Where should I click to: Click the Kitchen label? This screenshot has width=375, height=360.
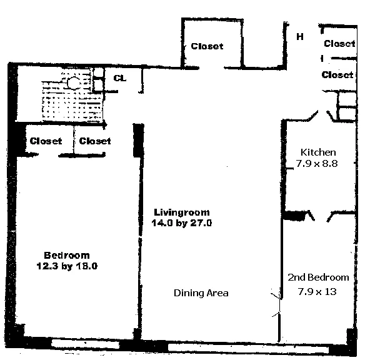pos(318,152)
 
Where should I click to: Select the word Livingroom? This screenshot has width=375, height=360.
pos(182,211)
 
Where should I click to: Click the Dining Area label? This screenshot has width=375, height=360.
pos(201,292)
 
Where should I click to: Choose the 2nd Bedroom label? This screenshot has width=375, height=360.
pos(318,277)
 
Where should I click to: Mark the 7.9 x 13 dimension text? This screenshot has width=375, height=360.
pos(318,291)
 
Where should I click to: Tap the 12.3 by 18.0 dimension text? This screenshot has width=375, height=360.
pos(67,266)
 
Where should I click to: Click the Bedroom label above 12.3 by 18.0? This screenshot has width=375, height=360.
pos(66,255)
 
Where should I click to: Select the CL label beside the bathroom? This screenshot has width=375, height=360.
pos(120,79)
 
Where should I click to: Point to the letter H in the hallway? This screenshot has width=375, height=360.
pos(300,36)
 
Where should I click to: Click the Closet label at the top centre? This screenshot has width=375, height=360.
pos(207,46)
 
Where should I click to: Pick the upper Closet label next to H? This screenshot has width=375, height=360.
pos(339,44)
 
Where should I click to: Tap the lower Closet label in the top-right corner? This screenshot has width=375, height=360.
pos(337,75)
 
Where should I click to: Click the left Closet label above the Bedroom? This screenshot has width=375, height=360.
pos(46,141)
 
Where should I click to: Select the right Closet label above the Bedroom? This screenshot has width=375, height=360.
pos(95,141)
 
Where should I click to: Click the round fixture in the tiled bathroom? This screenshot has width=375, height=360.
pos(73,82)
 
